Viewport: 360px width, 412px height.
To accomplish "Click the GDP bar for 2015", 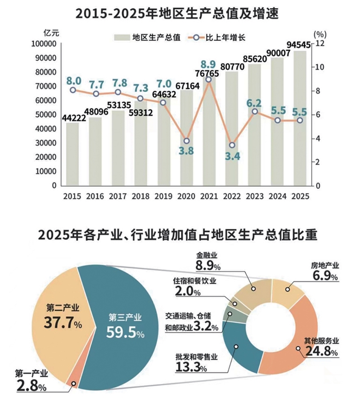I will click(73, 155).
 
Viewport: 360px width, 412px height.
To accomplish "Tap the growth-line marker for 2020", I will click(187, 141).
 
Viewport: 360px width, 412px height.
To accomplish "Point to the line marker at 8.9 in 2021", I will click(209, 80).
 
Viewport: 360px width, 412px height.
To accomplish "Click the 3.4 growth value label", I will click(232, 157).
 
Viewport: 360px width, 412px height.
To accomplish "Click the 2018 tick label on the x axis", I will click(141, 196).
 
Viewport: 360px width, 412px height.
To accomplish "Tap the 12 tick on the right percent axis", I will click(320, 44).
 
